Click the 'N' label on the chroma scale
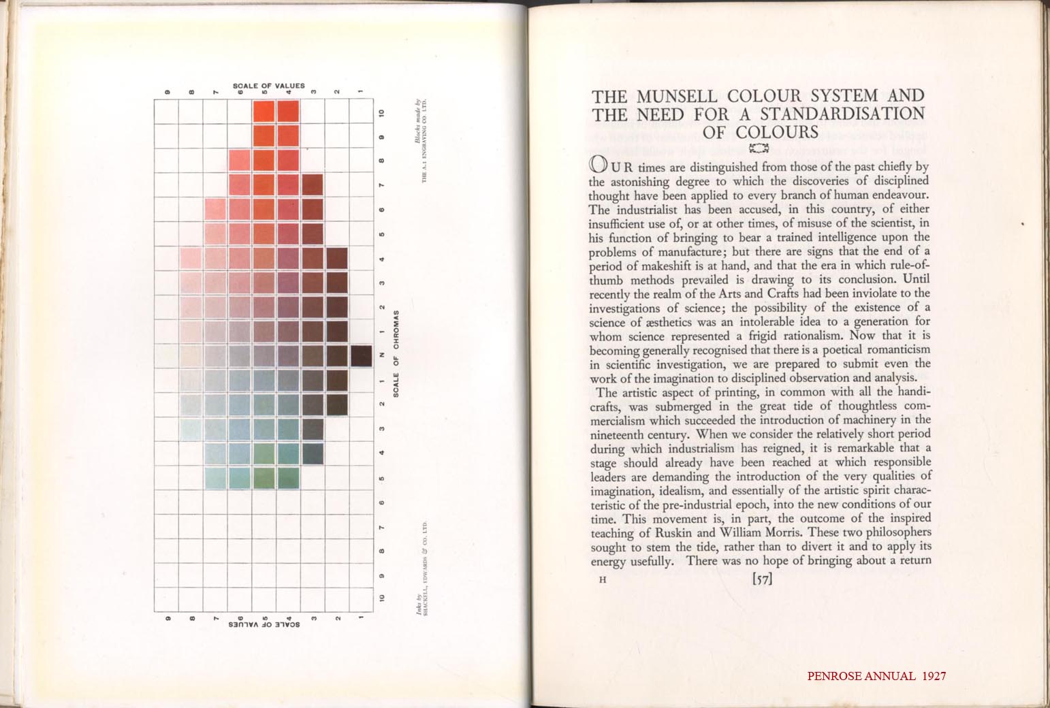[x=382, y=355]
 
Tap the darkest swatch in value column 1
[x=362, y=355]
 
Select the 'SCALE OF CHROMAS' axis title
[x=396, y=355]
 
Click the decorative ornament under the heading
[x=759, y=146]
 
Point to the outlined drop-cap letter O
[x=597, y=165]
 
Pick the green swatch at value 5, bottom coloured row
[x=264, y=478]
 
